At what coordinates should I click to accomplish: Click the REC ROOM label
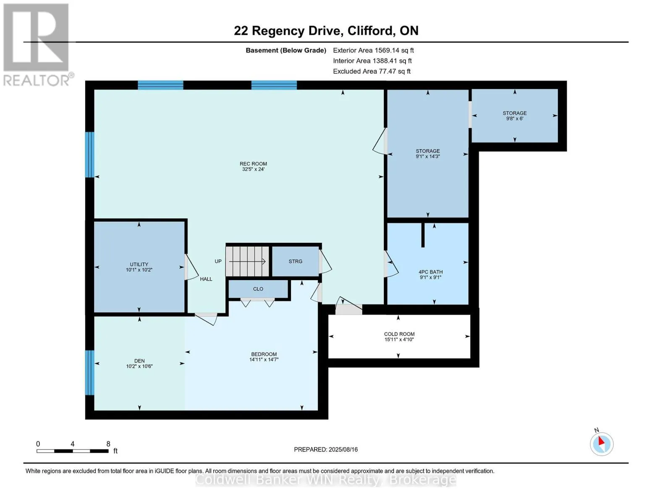(x=253, y=164)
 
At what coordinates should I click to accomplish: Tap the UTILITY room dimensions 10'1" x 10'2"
(x=139, y=270)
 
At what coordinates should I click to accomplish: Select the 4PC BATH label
(x=431, y=272)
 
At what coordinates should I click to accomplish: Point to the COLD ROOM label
(x=399, y=334)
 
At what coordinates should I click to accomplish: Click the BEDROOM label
(x=264, y=354)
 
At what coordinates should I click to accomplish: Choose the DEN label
(x=139, y=360)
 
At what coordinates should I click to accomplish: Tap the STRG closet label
(x=295, y=261)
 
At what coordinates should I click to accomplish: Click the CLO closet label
(x=258, y=289)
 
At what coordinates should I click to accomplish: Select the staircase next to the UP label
(x=248, y=261)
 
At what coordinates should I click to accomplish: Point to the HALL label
(x=206, y=279)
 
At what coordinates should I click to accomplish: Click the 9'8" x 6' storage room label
(x=515, y=115)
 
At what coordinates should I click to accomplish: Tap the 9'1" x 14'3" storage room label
(x=427, y=153)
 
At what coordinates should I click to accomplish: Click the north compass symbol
(x=601, y=444)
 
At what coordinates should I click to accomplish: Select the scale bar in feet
(x=72, y=451)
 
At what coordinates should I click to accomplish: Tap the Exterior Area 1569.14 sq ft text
(x=373, y=50)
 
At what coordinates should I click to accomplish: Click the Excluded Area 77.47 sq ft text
(x=372, y=71)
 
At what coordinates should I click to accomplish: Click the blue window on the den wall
(x=89, y=373)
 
